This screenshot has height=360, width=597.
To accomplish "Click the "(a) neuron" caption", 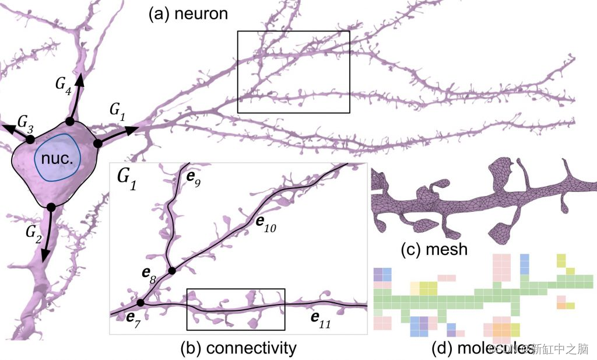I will (187, 13).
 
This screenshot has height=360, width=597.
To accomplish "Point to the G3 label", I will (25, 121).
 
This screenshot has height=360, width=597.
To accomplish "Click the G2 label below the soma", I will (34, 232).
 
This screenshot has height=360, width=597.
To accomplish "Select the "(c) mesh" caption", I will (434, 250).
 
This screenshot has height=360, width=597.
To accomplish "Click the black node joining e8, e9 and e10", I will (172, 271).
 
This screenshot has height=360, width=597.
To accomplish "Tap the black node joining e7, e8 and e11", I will (141, 303).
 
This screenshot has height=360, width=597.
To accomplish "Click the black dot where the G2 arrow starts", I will (51, 207).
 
